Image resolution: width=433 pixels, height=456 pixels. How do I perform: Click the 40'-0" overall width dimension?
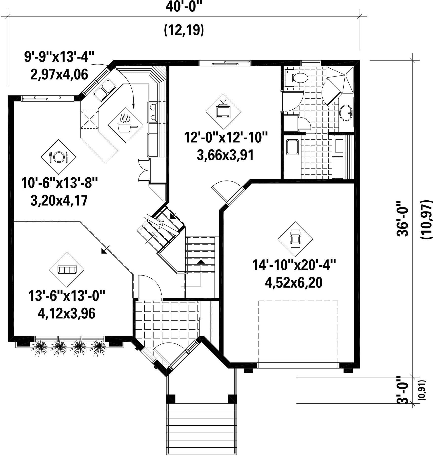pyautogui.click(x=185, y=7)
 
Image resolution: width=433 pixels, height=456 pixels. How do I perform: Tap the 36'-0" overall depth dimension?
pyautogui.click(x=402, y=219)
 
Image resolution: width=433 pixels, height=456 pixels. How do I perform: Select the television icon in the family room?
pyautogui.click(x=223, y=111)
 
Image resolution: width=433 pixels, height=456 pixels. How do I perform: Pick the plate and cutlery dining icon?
pyautogui.click(x=58, y=157)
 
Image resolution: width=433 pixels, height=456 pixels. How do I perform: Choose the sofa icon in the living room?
pyautogui.click(x=67, y=269)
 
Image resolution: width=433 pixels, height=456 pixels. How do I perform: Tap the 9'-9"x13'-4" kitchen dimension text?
pyautogui.click(x=59, y=57)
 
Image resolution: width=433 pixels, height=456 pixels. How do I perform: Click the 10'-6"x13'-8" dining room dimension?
pyautogui.click(x=60, y=183)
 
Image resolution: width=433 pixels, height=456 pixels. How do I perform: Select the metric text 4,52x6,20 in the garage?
pyautogui.click(x=294, y=283)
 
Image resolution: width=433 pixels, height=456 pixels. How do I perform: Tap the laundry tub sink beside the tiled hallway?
pyautogui.click(x=293, y=147)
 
